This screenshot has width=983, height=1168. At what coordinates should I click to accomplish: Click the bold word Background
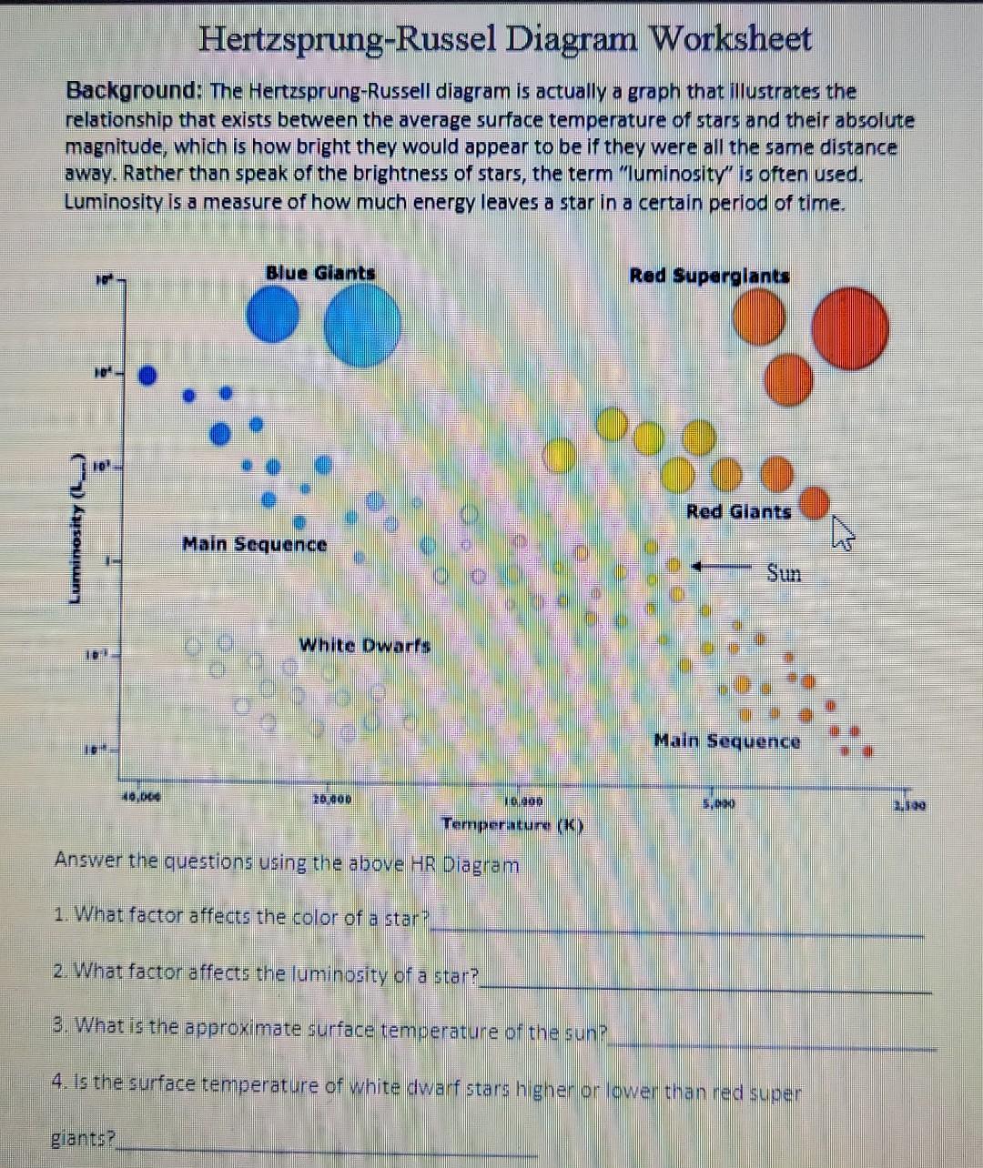tap(133, 91)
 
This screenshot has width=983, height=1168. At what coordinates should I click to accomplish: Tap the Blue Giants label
tap(319, 273)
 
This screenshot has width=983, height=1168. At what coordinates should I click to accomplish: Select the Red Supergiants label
tap(709, 276)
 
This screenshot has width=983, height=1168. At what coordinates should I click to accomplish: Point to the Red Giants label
tap(738, 511)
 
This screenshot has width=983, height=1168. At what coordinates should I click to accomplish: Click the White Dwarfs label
tap(364, 646)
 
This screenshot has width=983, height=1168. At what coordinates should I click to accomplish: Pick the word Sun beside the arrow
tap(784, 573)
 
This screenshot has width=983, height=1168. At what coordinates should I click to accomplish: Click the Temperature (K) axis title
tap(512, 825)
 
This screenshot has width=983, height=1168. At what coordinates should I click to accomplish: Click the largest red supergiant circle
tap(851, 327)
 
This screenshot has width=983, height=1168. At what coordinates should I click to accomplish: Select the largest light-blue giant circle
tap(362, 325)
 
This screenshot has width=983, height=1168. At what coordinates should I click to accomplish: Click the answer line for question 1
tap(677, 930)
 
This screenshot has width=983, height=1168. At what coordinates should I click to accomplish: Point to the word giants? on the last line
tap(83, 1138)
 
